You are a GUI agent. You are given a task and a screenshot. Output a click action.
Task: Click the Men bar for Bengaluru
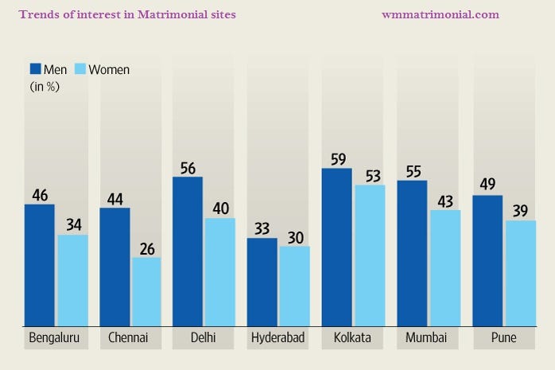click(40, 265)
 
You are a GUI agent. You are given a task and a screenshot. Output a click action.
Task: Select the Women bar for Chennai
click(146, 291)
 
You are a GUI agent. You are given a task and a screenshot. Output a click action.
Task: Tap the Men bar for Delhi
click(188, 251)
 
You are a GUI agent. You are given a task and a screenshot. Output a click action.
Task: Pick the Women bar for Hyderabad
click(294, 286)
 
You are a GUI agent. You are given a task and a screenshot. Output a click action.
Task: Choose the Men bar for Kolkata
click(336, 247)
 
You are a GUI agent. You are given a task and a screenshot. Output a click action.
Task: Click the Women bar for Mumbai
click(444, 268)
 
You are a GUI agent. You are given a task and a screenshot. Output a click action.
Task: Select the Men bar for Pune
click(487, 260)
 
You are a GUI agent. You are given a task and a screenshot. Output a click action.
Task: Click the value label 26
click(147, 247)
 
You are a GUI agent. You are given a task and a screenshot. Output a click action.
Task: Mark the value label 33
click(262, 228)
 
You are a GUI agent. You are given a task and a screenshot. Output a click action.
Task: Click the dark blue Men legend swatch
click(36, 68)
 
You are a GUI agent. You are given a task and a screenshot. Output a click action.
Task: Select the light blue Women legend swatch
click(80, 68)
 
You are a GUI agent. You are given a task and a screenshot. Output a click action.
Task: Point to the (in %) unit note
click(45, 87)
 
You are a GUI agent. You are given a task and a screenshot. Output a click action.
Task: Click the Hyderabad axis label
click(277, 338)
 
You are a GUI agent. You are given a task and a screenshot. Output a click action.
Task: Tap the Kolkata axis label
click(351, 338)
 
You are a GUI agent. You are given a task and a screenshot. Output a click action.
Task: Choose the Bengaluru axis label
click(54, 338)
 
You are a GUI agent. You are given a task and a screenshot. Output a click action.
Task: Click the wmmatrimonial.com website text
click(440, 14)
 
